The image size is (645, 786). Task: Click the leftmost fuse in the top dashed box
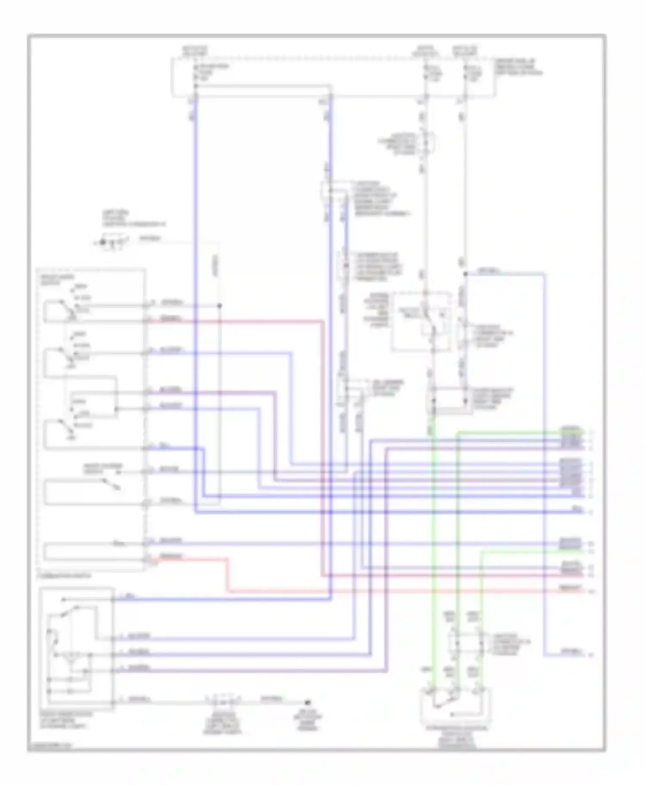click(196, 73)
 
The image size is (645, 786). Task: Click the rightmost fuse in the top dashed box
click(465, 73)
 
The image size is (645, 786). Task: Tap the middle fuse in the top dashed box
click(426, 73)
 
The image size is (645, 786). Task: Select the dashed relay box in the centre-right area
click(421, 321)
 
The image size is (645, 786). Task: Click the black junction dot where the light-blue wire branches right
click(465, 273)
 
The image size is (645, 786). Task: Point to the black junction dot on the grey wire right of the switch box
click(219, 306)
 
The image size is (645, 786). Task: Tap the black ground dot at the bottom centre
click(307, 702)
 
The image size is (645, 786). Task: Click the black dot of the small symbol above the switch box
click(103, 242)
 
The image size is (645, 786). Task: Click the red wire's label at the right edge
click(571, 588)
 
